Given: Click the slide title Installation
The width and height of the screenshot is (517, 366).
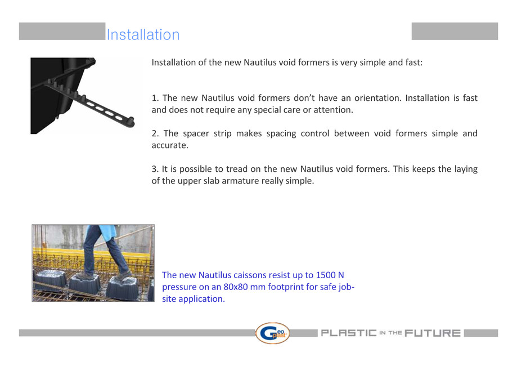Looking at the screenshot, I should (143, 35).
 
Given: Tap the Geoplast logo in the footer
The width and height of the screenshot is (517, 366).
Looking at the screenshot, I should (272, 333).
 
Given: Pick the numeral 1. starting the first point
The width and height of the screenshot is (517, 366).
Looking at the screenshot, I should (155, 98).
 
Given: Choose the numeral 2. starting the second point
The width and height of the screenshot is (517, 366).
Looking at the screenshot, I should (155, 133).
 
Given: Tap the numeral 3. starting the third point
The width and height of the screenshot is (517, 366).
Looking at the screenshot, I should (155, 169).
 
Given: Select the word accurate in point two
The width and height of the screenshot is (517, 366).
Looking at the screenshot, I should (170, 145).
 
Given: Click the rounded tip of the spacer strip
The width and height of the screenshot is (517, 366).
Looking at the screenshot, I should (133, 120).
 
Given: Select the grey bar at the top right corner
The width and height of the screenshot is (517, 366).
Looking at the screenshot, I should (455, 31).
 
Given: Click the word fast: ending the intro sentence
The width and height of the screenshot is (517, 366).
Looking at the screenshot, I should (411, 62).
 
